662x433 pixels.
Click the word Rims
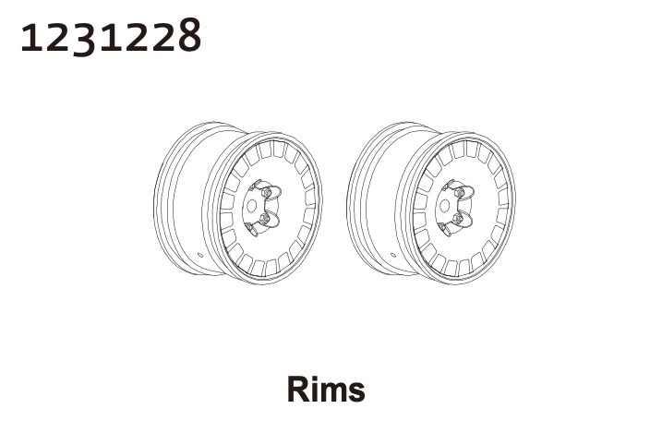pos(326,389)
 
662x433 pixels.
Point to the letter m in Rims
pos(333,392)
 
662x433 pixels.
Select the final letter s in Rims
pos(356,392)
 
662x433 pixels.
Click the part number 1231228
pos(111,36)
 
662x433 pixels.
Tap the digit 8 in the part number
pos(189,35)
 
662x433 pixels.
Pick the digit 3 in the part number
pos(85,38)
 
